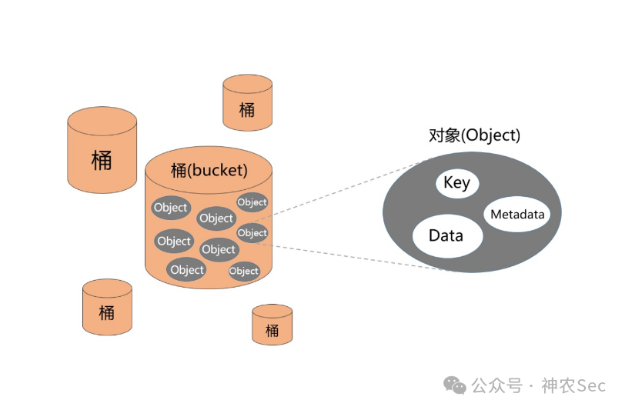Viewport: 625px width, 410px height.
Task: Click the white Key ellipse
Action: click(457, 184)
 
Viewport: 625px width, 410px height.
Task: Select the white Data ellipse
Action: click(446, 235)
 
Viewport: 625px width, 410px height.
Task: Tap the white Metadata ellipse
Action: click(517, 215)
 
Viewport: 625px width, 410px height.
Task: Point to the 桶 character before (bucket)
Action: click(179, 169)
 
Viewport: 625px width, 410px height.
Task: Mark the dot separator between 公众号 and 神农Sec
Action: click(531, 385)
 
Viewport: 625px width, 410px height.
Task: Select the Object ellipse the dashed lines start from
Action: click(252, 233)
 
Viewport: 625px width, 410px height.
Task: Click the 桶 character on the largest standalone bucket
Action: click(102, 160)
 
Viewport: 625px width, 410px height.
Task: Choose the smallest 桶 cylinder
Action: click(272, 324)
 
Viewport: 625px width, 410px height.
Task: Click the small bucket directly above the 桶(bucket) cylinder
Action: click(247, 102)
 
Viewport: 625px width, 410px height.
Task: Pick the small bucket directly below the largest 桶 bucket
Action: click(107, 307)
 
